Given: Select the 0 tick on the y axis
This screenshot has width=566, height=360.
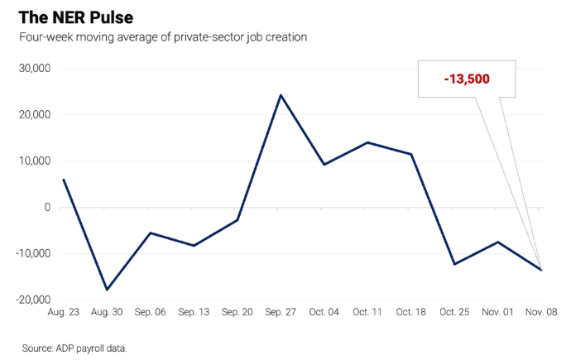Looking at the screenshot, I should (x=47, y=207).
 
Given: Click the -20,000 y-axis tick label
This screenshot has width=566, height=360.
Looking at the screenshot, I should (x=32, y=300).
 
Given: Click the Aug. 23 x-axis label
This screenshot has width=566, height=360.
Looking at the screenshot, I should (x=64, y=312).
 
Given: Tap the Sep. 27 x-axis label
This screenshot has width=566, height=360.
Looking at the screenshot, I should (x=281, y=312).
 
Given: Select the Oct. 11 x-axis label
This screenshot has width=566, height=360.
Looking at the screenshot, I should (x=367, y=312).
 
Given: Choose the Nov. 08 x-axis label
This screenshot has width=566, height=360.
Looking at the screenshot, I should (x=541, y=312).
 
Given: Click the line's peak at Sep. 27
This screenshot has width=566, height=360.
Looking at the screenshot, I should (x=281, y=95).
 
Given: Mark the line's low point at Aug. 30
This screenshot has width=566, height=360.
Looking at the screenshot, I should (x=107, y=290).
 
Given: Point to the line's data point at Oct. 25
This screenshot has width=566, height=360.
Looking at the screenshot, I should (x=454, y=264).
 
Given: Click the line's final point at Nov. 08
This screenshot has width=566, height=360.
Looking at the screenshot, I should (x=541, y=270).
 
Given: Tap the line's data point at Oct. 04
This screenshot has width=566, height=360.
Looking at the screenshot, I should (x=324, y=165).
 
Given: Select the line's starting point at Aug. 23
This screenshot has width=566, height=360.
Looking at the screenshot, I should (x=64, y=180).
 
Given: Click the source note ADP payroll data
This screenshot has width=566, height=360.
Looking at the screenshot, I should (x=74, y=348).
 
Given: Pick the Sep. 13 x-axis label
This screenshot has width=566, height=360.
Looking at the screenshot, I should (x=194, y=312).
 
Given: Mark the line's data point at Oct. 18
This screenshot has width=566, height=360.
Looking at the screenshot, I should (x=411, y=154).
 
